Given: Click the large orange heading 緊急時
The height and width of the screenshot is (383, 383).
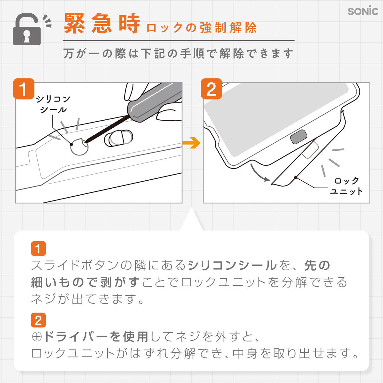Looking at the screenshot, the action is [102, 23].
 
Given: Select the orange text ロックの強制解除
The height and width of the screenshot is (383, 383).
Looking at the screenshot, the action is [201, 28].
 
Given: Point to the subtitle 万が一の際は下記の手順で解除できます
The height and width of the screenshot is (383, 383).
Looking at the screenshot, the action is [178, 53].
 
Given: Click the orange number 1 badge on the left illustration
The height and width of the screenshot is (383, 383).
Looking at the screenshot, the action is [24, 89].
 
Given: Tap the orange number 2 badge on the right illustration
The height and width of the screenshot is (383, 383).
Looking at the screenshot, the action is [211, 89].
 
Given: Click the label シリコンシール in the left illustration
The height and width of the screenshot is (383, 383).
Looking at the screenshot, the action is [53, 104].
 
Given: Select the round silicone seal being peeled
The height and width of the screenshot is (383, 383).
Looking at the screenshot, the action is [79, 146].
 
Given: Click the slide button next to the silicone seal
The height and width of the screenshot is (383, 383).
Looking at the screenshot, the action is [118, 138].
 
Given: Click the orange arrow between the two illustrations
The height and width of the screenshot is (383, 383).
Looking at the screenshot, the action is [191, 143].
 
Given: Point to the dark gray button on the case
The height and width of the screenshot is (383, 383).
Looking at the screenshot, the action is [298, 137].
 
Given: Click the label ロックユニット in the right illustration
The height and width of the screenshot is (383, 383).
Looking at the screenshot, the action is [346, 186].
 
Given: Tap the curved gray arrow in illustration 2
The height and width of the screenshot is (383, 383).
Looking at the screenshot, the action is [259, 173].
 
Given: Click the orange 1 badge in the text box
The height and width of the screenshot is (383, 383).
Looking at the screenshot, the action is [38, 248].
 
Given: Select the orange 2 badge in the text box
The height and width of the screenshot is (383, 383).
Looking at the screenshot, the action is [38, 320].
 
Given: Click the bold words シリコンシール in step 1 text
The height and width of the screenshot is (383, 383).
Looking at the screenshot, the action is [232, 266].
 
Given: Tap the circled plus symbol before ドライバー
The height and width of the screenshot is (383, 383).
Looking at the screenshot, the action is [37, 337].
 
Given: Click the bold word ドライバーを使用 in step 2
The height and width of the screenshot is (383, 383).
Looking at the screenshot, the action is [96, 337].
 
